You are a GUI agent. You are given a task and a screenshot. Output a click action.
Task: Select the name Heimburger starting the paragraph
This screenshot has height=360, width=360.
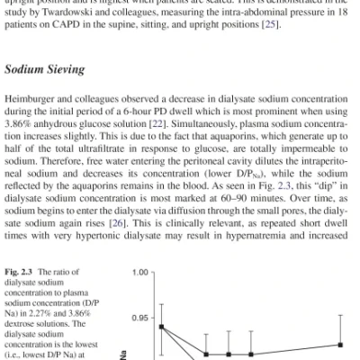[40, 104]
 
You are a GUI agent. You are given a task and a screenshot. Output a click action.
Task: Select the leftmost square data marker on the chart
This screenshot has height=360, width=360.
[163, 327]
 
